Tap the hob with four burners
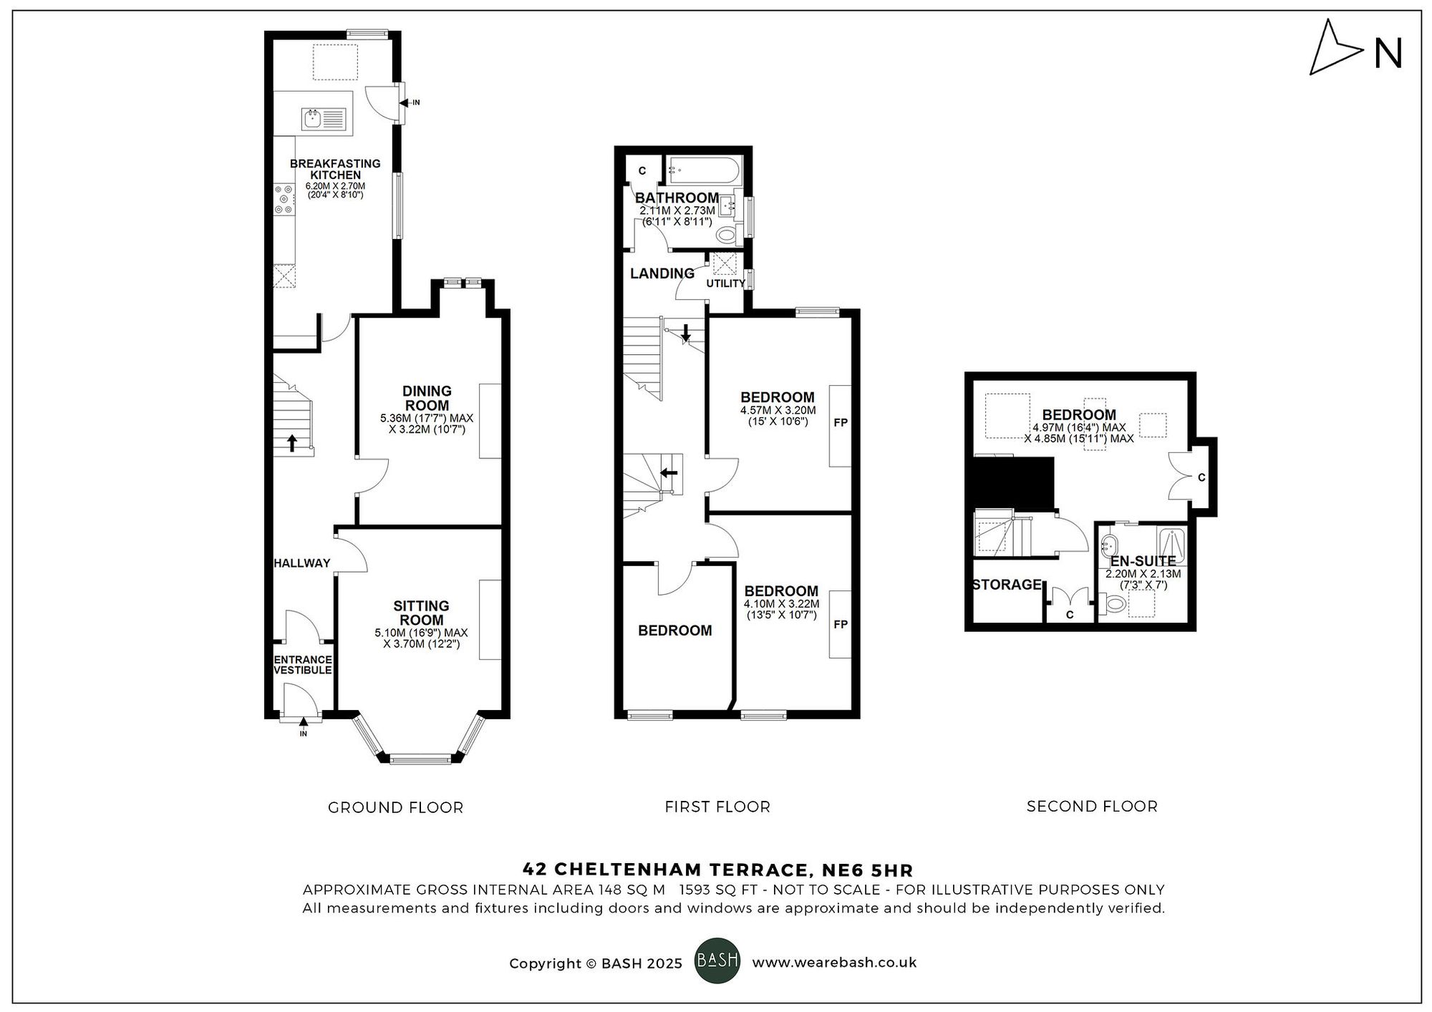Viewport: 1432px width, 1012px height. [x=284, y=200]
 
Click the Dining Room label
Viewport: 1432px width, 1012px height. [x=427, y=398]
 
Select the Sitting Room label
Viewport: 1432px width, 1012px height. [x=421, y=613]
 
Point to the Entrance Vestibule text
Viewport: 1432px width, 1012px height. [x=303, y=665]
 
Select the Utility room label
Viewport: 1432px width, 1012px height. [x=725, y=283]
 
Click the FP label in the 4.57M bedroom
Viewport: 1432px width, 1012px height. [x=841, y=423]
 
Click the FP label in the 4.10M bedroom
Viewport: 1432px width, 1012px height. [x=841, y=625]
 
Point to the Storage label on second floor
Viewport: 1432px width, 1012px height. [x=1007, y=585]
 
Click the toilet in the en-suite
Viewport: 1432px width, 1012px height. [x=1113, y=605]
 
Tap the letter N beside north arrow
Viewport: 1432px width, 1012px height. [x=1388, y=54]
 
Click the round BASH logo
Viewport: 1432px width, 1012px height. [x=717, y=960]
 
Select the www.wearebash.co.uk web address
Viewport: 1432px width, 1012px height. [x=834, y=963]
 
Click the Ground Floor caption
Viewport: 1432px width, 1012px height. [x=395, y=808]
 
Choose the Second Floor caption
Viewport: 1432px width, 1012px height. [x=1092, y=807]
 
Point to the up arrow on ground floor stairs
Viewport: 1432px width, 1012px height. [x=292, y=443]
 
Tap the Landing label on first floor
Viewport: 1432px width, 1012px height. [x=662, y=273]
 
